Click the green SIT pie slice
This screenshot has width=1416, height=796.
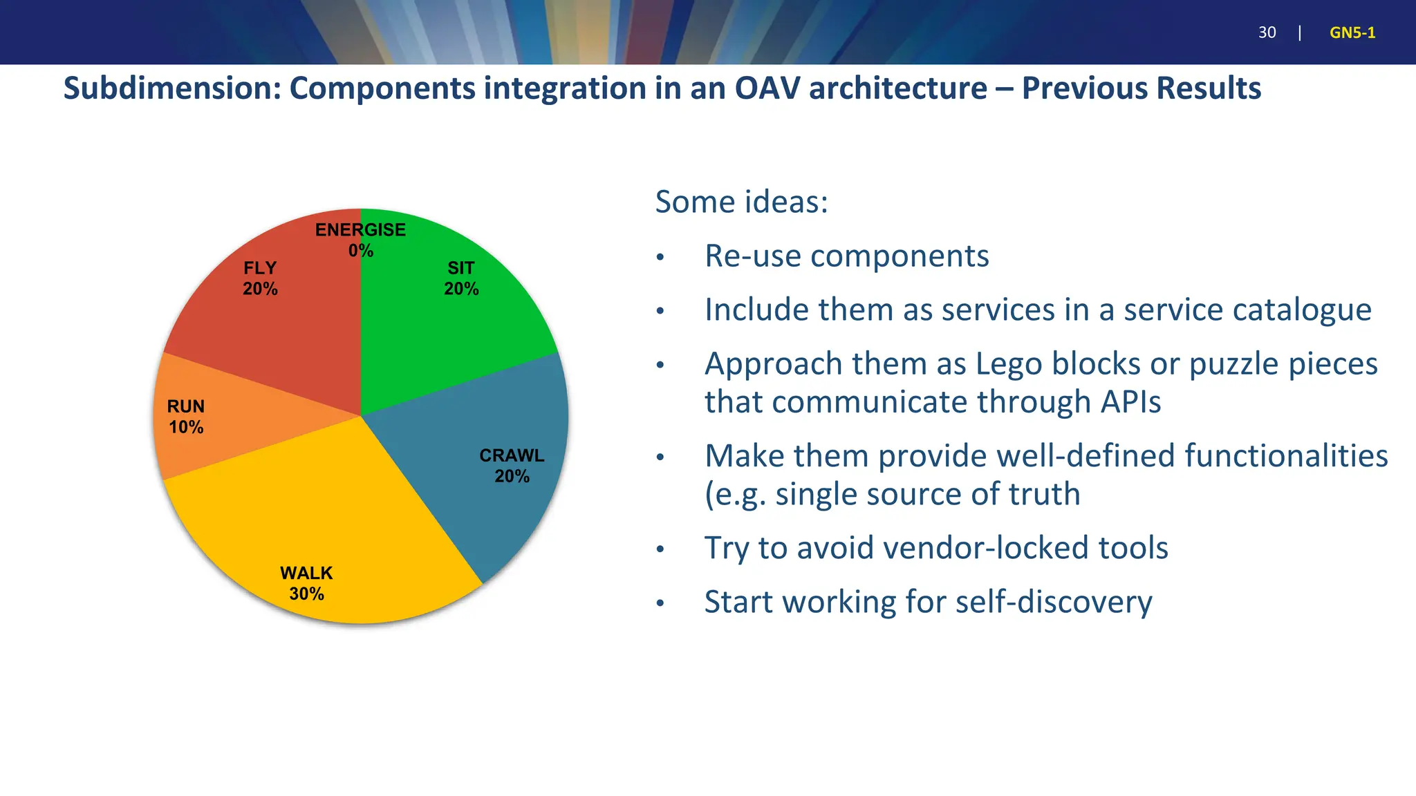(x=442, y=325)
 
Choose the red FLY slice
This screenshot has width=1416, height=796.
(x=290, y=325)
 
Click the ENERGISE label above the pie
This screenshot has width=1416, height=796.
(x=360, y=230)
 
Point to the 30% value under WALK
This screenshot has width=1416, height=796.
(x=306, y=594)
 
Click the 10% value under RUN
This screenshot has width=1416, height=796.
(x=186, y=427)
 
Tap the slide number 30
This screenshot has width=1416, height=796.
(x=1267, y=32)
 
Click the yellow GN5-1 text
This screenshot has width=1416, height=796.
(x=1352, y=32)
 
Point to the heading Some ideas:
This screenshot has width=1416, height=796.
(x=741, y=202)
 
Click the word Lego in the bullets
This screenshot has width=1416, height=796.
(x=1007, y=363)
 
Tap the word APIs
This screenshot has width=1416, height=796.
(x=1126, y=401)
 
